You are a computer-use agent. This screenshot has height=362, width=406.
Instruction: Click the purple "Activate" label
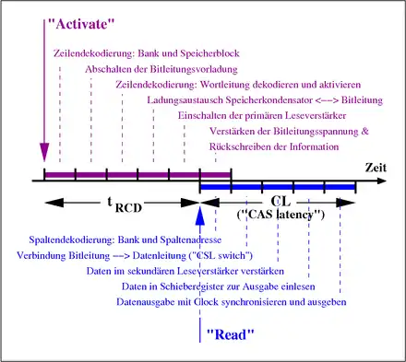click(x=81, y=24)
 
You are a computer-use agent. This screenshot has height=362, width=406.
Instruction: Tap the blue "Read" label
click(x=231, y=334)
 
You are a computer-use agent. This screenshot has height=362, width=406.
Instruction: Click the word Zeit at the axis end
click(x=376, y=168)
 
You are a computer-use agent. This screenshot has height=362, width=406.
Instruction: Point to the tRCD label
click(x=125, y=204)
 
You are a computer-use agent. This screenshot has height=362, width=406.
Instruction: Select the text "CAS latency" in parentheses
click(x=281, y=214)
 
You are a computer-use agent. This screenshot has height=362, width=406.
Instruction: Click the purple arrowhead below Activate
click(x=44, y=152)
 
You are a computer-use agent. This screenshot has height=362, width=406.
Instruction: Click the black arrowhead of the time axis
click(x=381, y=181)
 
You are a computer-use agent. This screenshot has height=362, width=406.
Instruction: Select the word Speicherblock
click(x=209, y=53)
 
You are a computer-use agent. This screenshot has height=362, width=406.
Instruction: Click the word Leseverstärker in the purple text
click(x=316, y=116)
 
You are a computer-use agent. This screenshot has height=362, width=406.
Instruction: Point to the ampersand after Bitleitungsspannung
click(x=364, y=132)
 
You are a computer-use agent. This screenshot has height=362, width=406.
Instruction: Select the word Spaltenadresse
click(x=191, y=239)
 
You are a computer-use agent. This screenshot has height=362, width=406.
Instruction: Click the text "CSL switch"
click(x=222, y=255)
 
